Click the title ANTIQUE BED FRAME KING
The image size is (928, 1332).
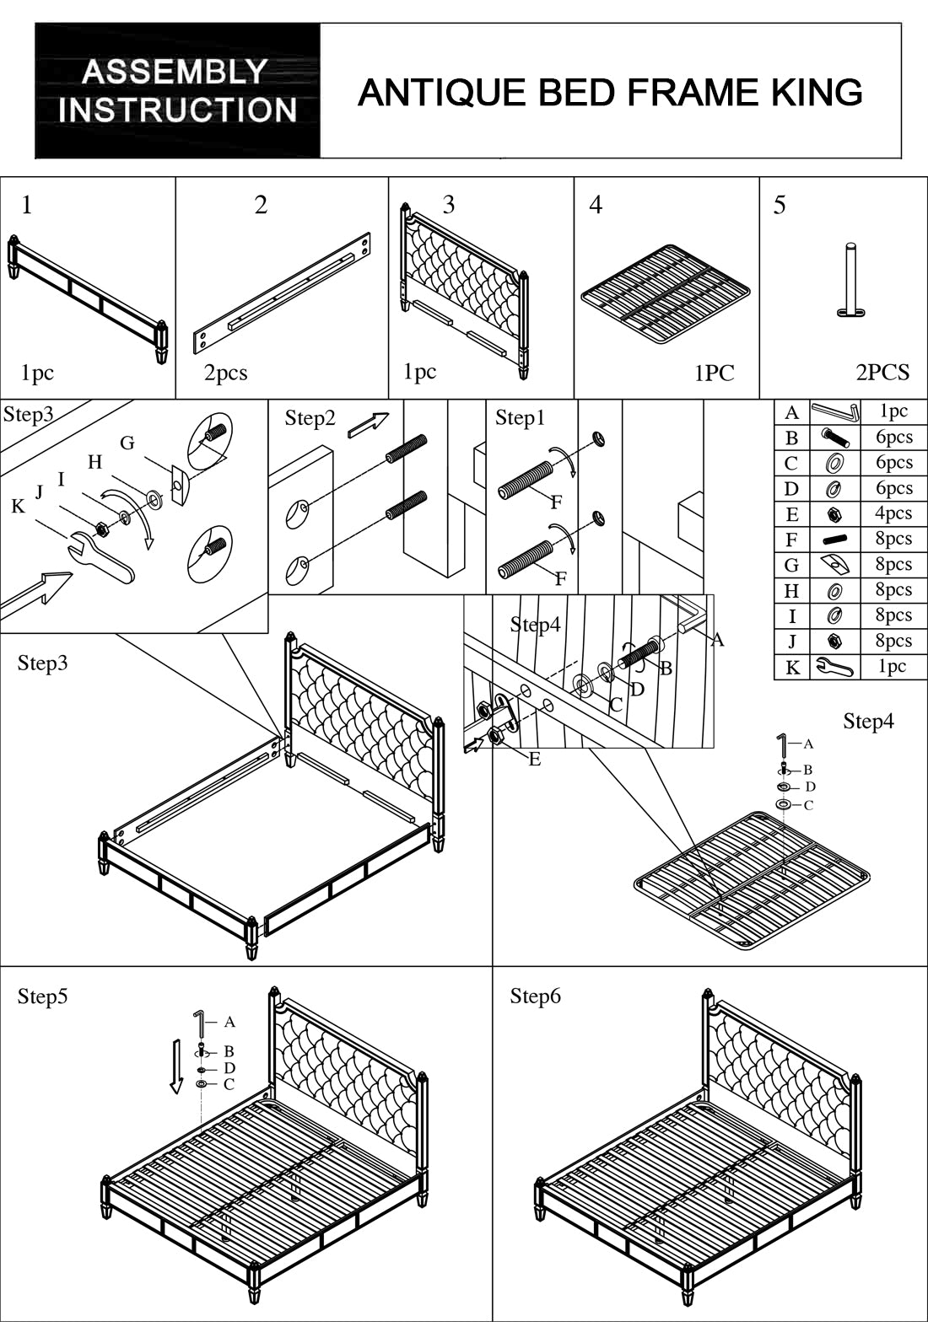(610, 92)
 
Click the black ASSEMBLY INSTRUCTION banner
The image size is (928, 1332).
(177, 91)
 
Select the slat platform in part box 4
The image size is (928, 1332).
(666, 293)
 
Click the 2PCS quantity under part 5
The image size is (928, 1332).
(882, 373)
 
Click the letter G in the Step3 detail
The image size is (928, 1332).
(127, 443)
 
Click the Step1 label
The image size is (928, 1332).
(521, 418)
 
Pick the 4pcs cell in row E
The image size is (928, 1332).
(893, 513)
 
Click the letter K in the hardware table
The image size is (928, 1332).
(792, 668)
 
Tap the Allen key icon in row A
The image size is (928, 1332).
(834, 412)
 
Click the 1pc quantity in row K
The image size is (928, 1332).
(893, 666)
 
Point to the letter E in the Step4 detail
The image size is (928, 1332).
(535, 760)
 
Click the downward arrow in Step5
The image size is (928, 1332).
(175, 1066)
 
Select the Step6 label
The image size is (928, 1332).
(535, 996)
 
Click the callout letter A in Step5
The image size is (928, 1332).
(229, 1023)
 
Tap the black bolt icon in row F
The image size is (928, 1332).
(834, 540)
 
